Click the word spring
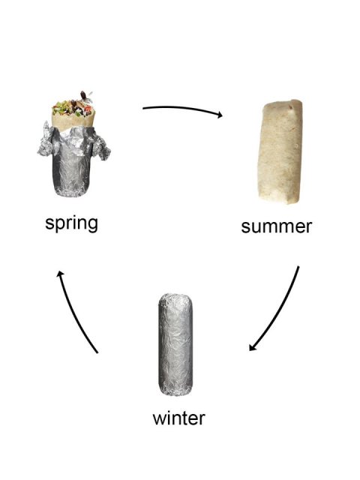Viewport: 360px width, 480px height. pos(71,223)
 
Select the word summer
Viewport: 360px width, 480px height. pos(276,226)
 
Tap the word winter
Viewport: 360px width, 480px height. pos(178,417)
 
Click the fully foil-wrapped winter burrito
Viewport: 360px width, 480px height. pos(178,345)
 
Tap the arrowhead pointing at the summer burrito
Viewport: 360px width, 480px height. pos(220,115)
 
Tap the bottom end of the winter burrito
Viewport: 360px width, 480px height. pos(178,388)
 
